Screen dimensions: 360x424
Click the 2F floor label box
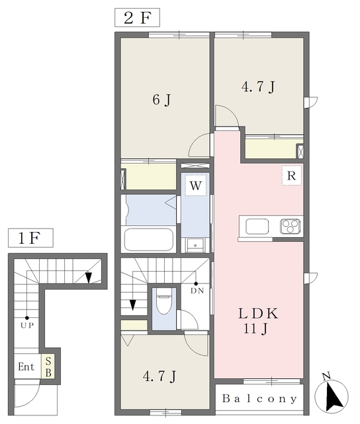click(x=137, y=18)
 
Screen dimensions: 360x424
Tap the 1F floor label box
click(x=30, y=238)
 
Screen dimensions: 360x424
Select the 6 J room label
click(x=161, y=100)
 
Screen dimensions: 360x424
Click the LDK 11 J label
click(x=257, y=321)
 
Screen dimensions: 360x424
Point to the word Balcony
click(x=259, y=399)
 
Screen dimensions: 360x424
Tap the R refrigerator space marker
click(x=291, y=175)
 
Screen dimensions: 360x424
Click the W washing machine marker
click(x=195, y=185)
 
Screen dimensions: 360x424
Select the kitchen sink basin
click(x=257, y=227)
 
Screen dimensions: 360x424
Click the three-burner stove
click(x=291, y=226)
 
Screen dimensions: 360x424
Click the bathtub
click(x=149, y=240)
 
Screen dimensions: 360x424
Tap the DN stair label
click(x=197, y=291)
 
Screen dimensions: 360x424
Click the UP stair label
click(x=27, y=325)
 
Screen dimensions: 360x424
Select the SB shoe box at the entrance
click(x=48, y=366)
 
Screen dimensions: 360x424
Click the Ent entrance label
click(x=26, y=367)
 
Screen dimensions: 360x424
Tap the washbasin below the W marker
click(x=195, y=244)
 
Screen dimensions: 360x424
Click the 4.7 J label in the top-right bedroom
click(x=258, y=87)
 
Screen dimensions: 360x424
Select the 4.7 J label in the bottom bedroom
click(x=159, y=376)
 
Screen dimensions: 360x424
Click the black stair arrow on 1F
click(x=88, y=277)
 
